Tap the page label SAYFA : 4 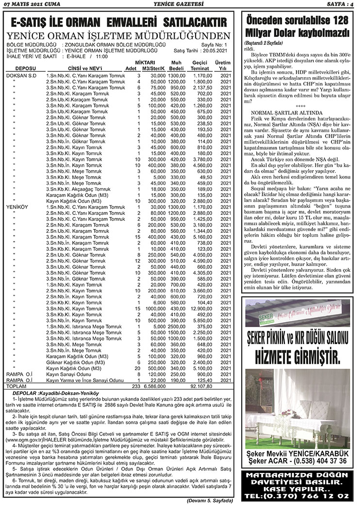click(339, 4)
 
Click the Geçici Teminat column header click(199, 66)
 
